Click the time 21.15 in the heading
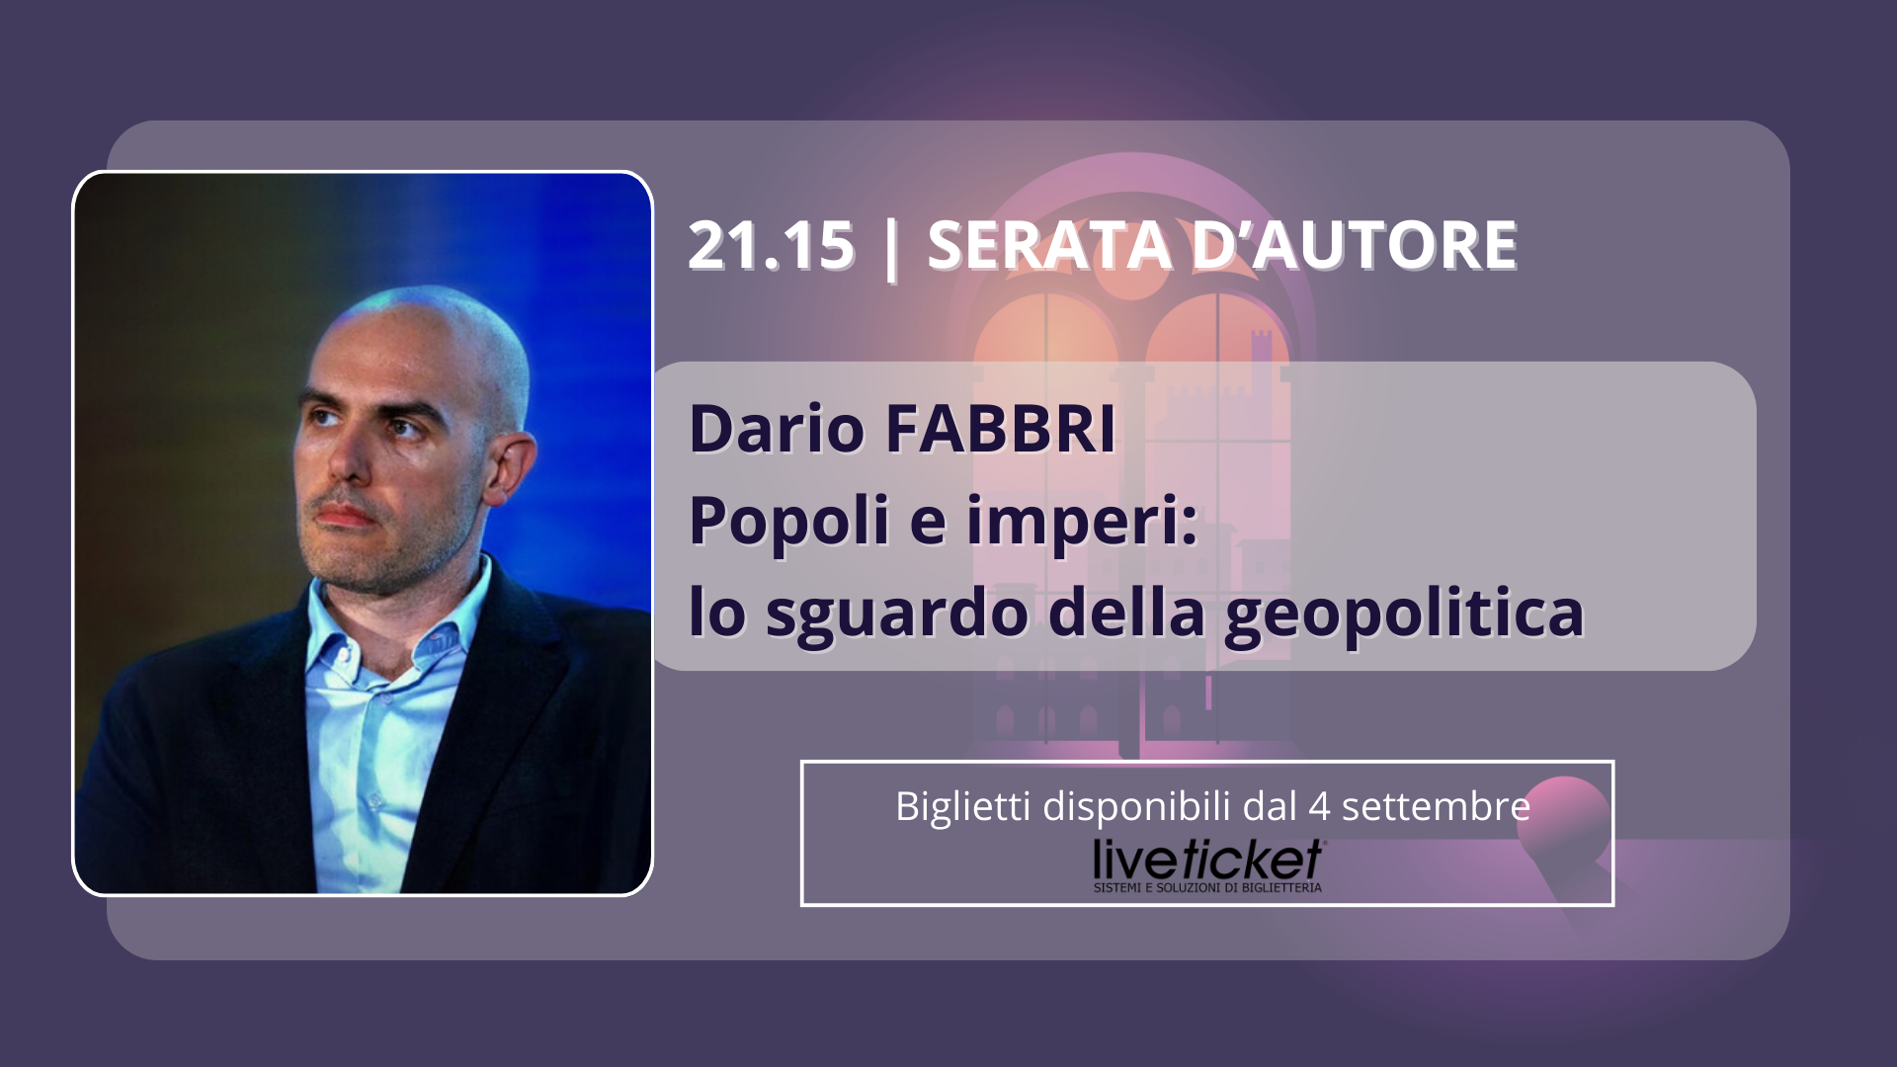click(772, 245)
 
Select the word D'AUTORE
click(1355, 245)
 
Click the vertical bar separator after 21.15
click(891, 248)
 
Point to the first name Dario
click(777, 429)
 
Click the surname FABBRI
click(1001, 429)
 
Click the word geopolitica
click(1404, 615)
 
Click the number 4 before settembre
click(1319, 807)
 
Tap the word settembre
click(1436, 807)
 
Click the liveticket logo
click(1208, 860)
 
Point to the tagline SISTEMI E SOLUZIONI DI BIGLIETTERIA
click(1207, 888)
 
